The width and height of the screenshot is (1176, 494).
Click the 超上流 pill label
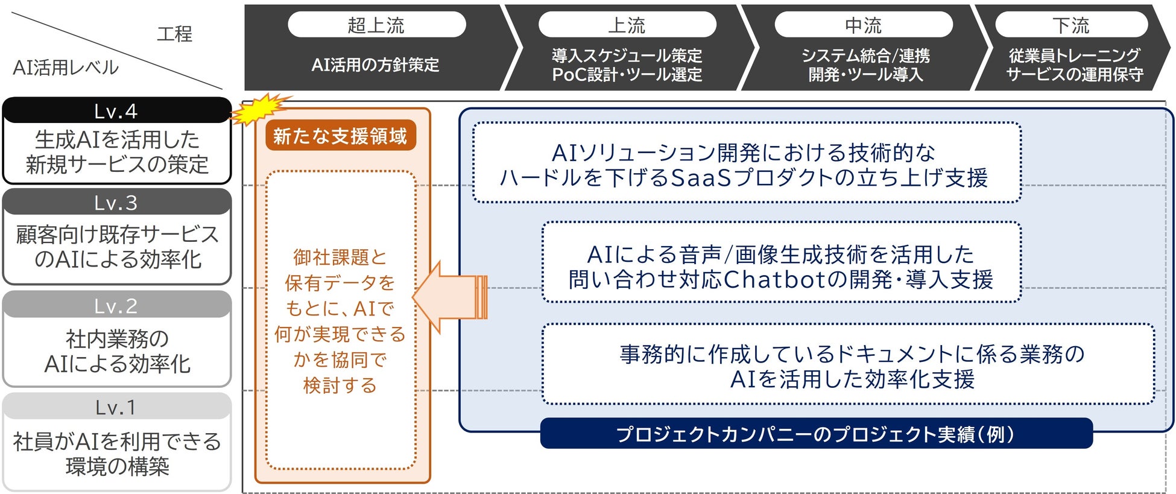coord(376,25)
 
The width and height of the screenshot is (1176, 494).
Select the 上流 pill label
coord(627,25)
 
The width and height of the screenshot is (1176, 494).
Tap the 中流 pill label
coord(863,25)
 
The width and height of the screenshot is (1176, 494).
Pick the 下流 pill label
coord(1071,25)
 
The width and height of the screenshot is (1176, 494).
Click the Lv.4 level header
coord(116,111)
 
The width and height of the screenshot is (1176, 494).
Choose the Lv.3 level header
coord(116,203)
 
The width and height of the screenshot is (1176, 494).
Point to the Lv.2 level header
coord(116,306)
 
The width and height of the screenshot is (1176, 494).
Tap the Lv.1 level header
coord(116,407)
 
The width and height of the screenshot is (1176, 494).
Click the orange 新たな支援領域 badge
coord(340,136)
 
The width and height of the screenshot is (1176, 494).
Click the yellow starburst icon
coord(260,109)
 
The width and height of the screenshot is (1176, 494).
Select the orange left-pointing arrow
coord(449,297)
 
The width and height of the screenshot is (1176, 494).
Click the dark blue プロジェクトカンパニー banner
coord(815,434)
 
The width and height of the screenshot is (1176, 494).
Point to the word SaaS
coord(701,177)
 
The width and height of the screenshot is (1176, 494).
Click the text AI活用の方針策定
coord(375,65)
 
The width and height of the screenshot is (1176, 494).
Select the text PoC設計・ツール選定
coord(627,75)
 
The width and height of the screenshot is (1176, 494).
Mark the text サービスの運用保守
coord(1074,75)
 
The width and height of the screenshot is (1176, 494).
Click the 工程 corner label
coord(174,33)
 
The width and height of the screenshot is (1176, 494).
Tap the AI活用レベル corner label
coord(66,68)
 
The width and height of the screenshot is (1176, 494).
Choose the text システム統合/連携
coord(865,55)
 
